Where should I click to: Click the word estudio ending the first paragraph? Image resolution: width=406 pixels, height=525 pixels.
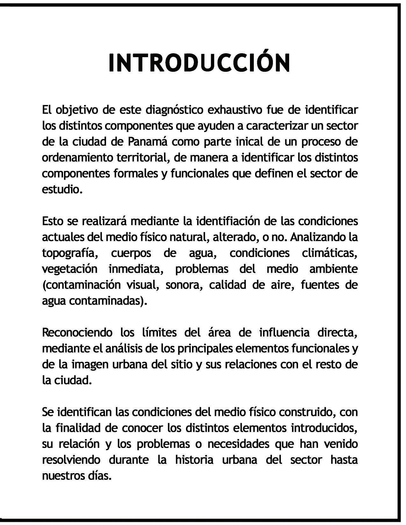coord(61,189)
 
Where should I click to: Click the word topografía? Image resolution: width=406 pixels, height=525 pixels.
coord(68,253)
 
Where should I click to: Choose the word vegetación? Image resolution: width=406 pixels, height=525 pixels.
coord(69,269)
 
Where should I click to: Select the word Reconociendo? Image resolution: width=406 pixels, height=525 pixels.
coord(77,332)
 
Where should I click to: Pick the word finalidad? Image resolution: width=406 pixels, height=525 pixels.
coord(78,428)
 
